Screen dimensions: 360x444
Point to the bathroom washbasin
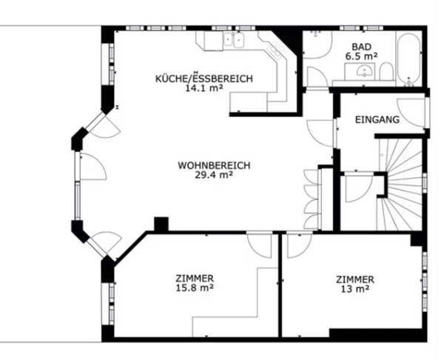tap(363, 72)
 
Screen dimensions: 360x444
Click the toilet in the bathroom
tap(386, 72)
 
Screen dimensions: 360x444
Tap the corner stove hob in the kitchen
tap(275, 50)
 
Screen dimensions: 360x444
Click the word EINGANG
tap(377, 119)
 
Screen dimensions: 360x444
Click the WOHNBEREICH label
tap(213, 164)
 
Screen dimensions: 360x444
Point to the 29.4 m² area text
tap(213, 176)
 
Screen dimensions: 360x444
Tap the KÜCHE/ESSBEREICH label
tap(204, 79)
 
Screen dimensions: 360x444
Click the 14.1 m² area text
tap(204, 89)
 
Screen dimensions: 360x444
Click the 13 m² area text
tap(354, 290)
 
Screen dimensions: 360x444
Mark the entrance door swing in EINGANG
tap(413, 112)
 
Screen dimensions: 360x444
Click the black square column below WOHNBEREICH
tap(161, 224)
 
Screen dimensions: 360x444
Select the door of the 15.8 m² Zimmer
tap(260, 244)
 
